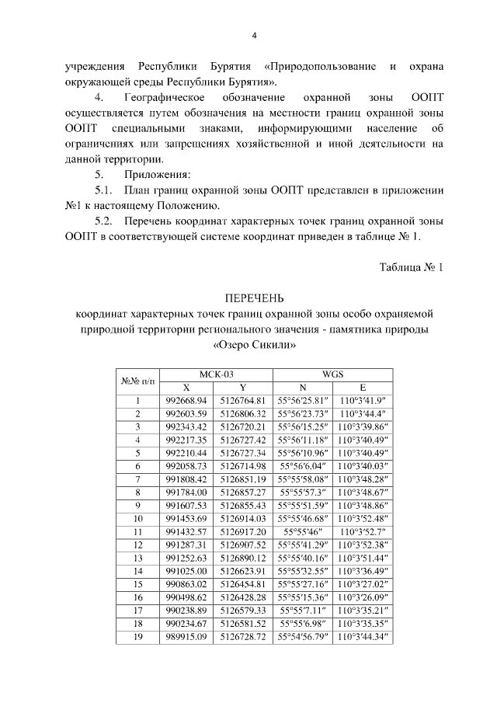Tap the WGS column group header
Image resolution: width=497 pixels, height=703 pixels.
tap(332, 374)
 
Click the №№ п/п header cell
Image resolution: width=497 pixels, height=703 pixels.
tap(137, 381)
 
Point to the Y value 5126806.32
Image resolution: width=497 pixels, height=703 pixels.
tap(243, 414)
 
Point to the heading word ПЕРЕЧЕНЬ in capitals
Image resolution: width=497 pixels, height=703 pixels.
tap(254, 298)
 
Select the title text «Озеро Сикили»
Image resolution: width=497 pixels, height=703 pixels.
tap(254, 344)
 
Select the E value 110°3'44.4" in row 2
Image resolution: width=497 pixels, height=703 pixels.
tap(362, 414)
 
